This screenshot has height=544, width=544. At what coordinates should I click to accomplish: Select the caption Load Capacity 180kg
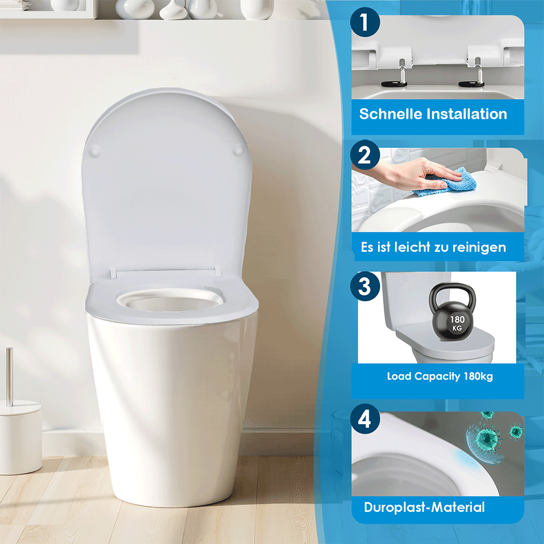[x=440, y=376]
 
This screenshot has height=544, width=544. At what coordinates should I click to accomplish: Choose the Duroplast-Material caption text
[x=424, y=508]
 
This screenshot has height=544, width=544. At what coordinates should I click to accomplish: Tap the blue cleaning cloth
[x=446, y=182]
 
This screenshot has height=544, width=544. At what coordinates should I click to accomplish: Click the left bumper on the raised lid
[x=95, y=150]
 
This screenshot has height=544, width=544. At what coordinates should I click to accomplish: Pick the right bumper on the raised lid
[x=240, y=149]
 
